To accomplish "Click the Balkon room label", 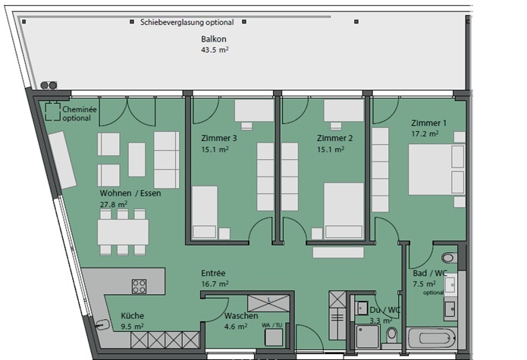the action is coord(213,39).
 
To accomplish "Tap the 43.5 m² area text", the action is coord(215,50).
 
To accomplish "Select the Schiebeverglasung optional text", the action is coord(187,23).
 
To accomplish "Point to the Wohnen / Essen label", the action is coord(130,193).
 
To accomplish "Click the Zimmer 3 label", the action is coord(219,138).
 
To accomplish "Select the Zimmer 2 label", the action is coord(334,138).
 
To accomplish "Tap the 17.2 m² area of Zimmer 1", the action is coord(425,133).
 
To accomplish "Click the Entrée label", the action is coord(213,273).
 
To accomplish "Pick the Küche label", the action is coord(133,316).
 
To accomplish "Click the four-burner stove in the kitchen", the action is coord(139,286).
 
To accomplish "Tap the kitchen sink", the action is coord(102,324).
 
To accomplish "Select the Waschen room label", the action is coord(241,316).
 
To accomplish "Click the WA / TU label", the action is coord(272,325).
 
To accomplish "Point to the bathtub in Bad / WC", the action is coord(431,339).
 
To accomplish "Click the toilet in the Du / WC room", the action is coord(391,335).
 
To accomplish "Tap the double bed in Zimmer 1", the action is coord(437,170).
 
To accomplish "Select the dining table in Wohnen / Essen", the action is coord(123,232).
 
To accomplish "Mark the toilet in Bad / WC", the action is coord(449,258).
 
